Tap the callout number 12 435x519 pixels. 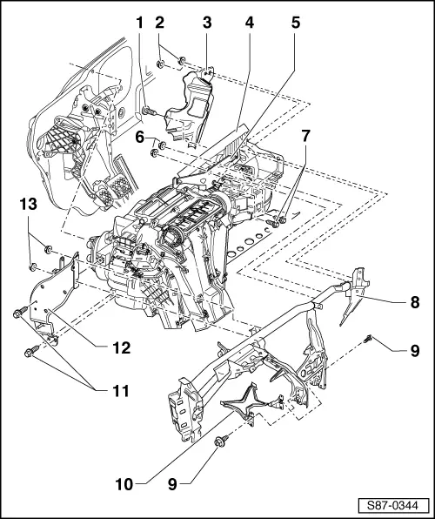coord(119,347)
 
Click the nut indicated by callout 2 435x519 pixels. coord(164,61)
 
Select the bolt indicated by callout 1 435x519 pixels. coord(147,111)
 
